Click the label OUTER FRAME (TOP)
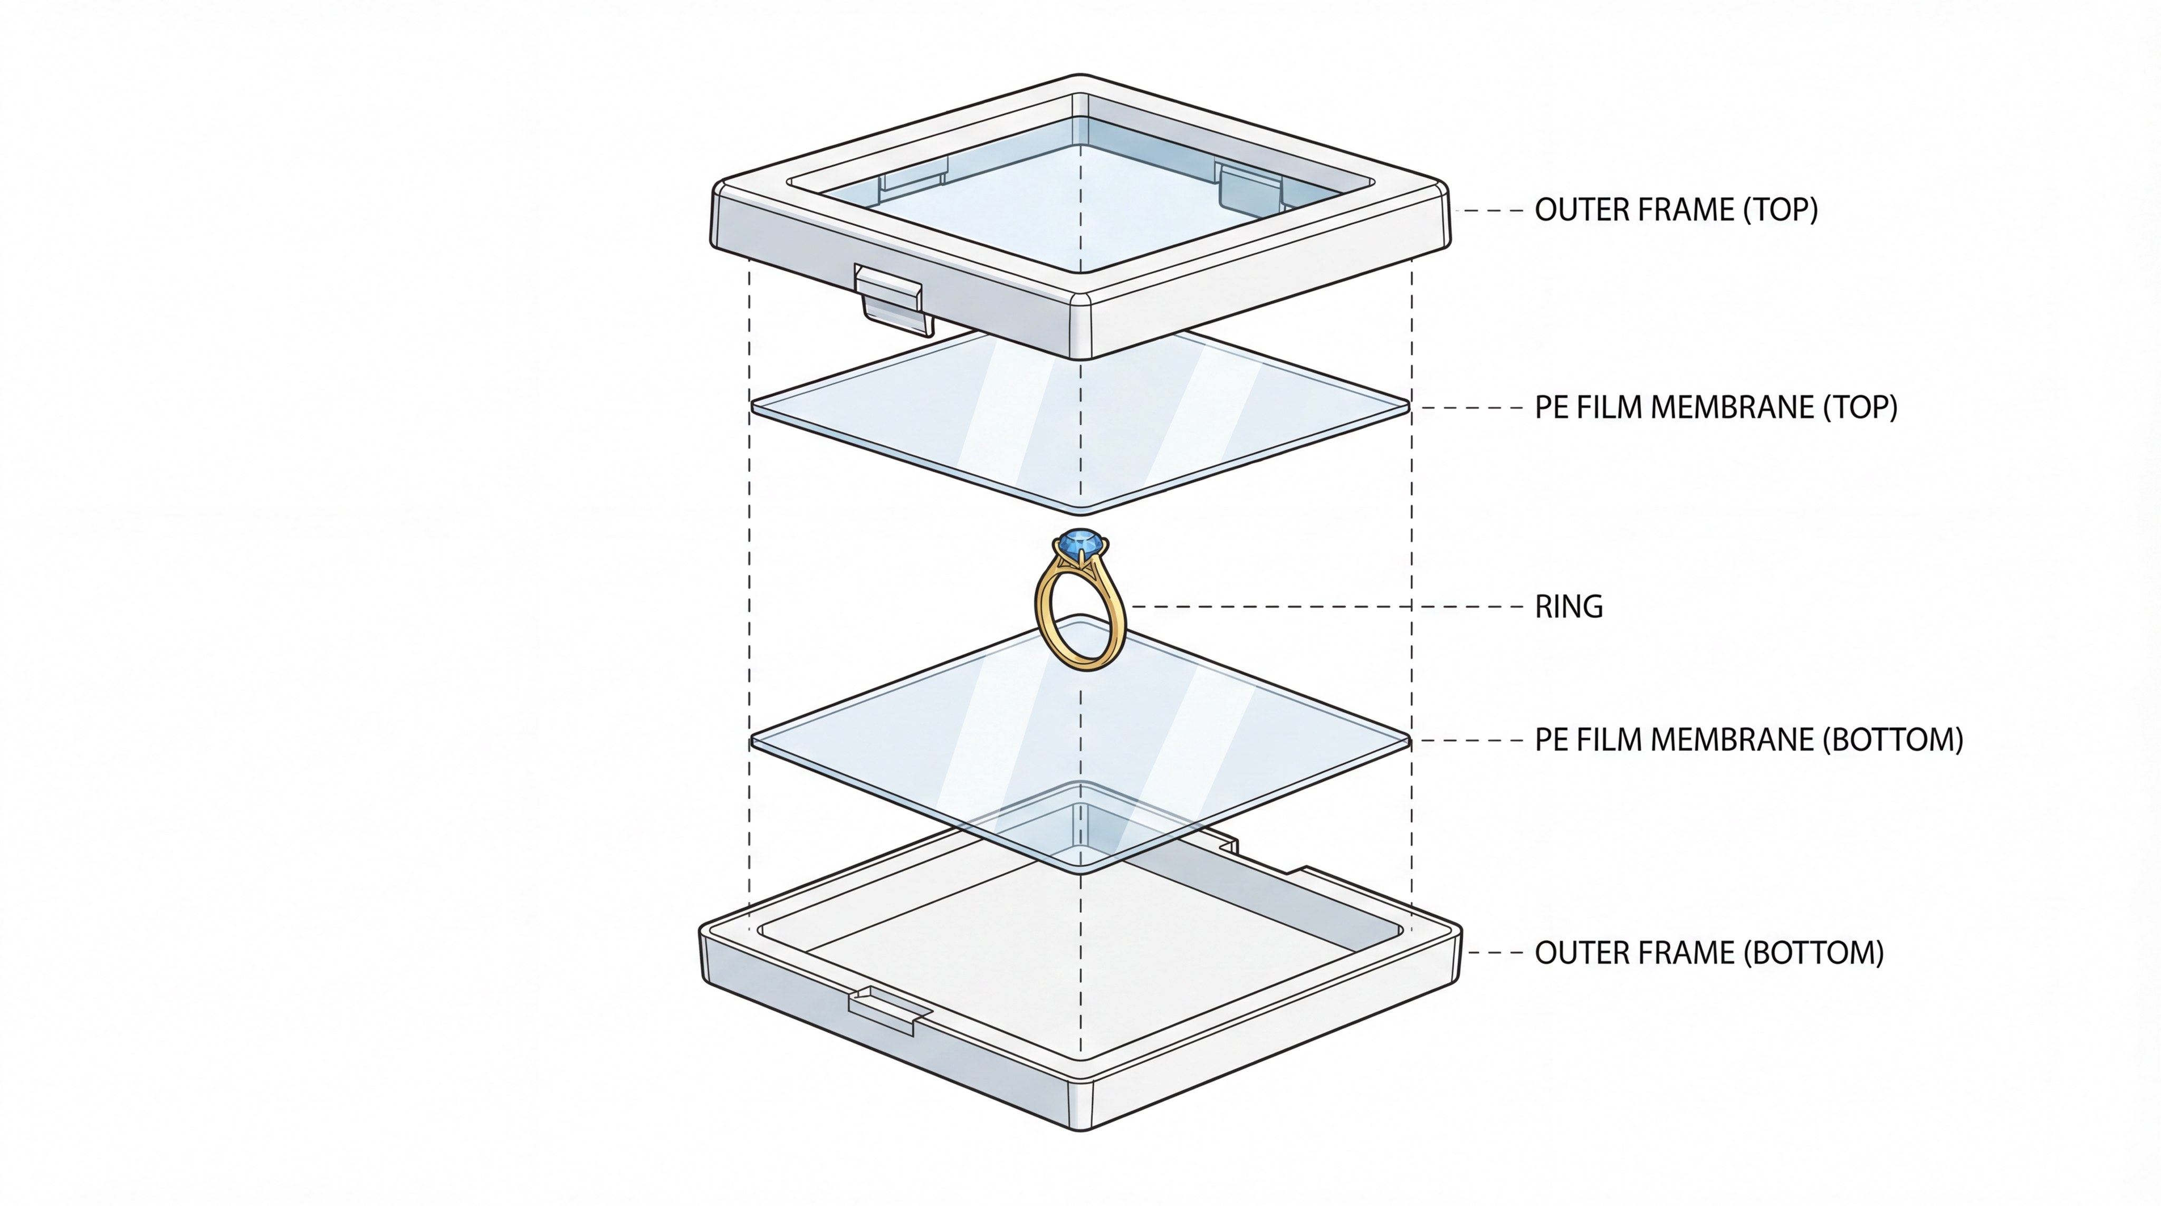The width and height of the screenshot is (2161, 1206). point(1675,209)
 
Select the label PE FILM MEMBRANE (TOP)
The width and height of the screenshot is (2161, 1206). point(1716,408)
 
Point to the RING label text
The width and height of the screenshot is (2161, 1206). point(1568,606)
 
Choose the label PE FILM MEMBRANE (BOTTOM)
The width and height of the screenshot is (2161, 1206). point(1748,740)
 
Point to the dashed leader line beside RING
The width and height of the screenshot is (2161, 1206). point(1325,606)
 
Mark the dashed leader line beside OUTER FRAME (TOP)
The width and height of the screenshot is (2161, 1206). point(1493,210)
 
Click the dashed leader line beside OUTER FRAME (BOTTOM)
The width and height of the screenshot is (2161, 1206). point(1495,953)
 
